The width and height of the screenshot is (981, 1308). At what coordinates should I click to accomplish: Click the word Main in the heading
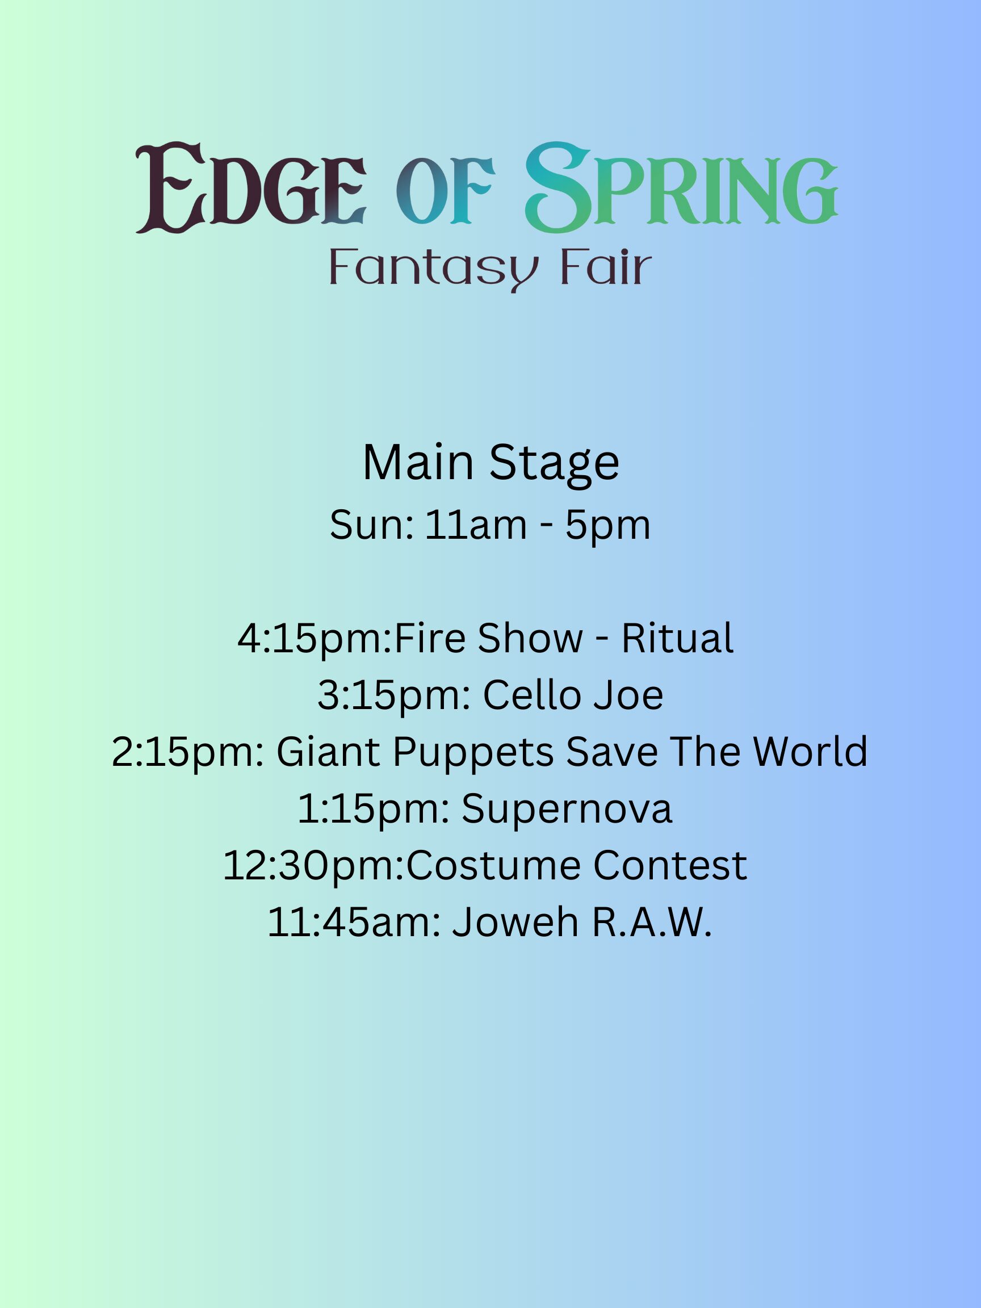point(418,463)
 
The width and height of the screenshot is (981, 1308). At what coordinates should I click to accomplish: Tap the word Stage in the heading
point(554,466)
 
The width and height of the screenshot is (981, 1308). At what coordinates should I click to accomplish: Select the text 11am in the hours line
point(475,525)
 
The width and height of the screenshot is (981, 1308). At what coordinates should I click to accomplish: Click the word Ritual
point(677,639)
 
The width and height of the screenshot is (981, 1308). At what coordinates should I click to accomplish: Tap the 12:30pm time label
point(313,867)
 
